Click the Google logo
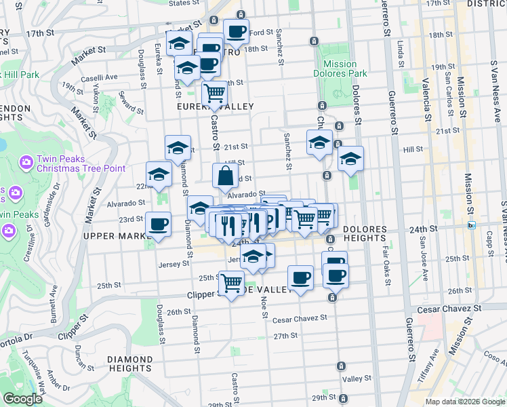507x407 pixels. [22, 399]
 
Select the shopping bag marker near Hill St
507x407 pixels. [225, 176]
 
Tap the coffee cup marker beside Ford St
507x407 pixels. [236, 31]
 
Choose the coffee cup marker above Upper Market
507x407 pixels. [159, 224]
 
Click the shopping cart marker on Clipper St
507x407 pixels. [232, 282]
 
